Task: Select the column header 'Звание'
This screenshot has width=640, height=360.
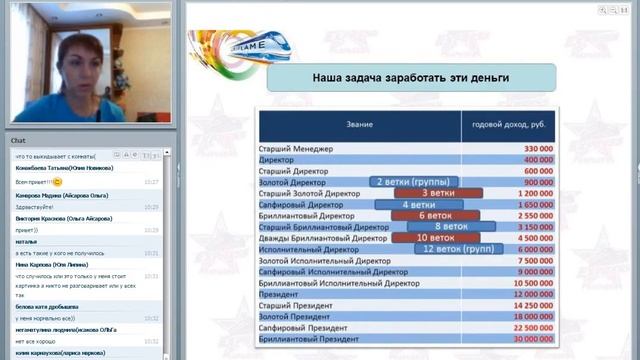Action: pyautogui.click(x=359, y=126)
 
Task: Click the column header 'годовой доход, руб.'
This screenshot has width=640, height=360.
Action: pyautogui.click(x=509, y=126)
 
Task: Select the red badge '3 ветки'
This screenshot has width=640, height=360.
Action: pyautogui.click(x=438, y=193)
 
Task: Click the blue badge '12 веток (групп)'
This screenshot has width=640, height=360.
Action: pyautogui.click(x=455, y=249)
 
